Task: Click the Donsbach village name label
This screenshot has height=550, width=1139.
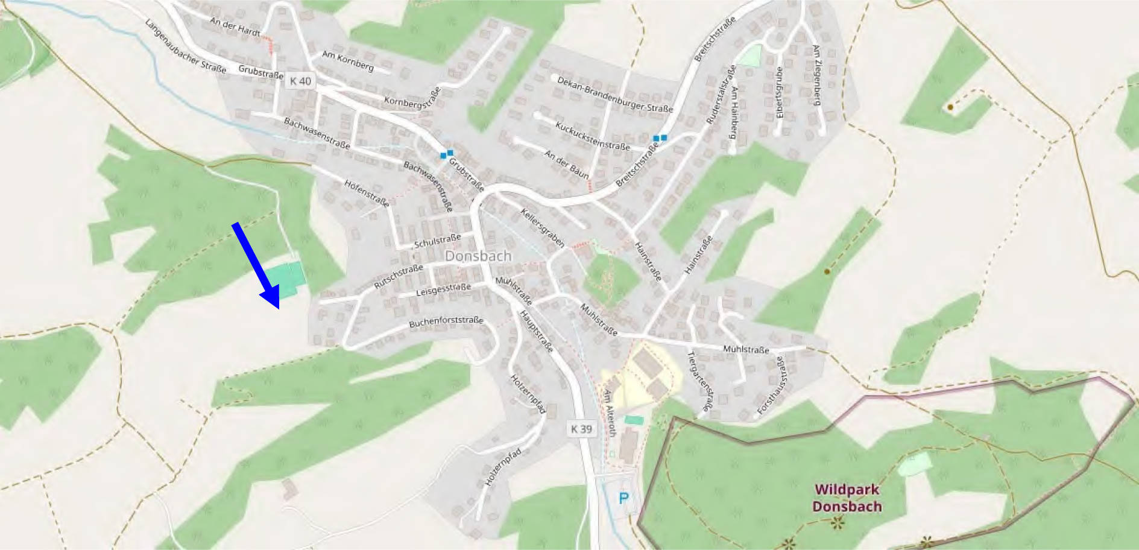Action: click(x=478, y=256)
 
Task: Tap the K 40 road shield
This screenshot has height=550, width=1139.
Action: click(x=300, y=81)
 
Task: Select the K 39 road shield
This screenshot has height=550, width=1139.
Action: click(x=581, y=429)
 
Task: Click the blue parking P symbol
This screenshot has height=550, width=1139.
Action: click(x=623, y=498)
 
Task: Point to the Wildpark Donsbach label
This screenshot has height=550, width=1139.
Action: click(x=847, y=498)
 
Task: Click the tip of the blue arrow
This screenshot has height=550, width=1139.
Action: click(x=278, y=308)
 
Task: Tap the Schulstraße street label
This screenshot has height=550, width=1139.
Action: click(x=437, y=241)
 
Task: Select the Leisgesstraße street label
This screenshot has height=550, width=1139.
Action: click(x=443, y=290)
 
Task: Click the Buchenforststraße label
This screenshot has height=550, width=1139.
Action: click(x=446, y=321)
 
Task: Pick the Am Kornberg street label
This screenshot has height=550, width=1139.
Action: click(x=347, y=60)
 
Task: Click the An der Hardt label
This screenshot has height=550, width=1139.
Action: click(x=235, y=26)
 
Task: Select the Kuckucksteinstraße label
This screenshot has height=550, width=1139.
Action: click(x=592, y=136)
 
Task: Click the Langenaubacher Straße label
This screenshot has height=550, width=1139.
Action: click(x=185, y=46)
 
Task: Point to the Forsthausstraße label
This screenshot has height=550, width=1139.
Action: click(x=772, y=385)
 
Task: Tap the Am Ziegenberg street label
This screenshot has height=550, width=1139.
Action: click(x=816, y=75)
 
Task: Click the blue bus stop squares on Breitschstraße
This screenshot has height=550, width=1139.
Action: click(x=660, y=138)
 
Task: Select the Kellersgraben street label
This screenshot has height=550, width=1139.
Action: click(x=543, y=228)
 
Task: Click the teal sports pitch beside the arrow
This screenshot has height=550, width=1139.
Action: click(x=286, y=279)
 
